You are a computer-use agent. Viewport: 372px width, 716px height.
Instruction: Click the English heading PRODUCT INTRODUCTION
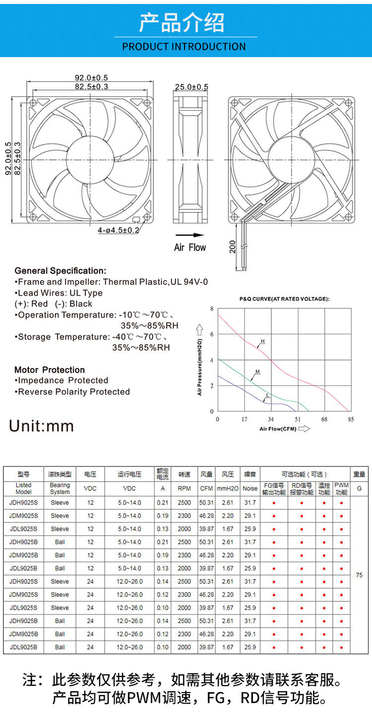point(184,47)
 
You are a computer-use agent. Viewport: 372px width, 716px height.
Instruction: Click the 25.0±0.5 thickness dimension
point(191,87)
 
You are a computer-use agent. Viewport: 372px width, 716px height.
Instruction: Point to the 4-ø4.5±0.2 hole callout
point(119,230)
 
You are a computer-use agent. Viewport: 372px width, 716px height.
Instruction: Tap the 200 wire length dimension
point(233,246)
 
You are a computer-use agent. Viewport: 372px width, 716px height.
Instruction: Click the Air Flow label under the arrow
point(190,247)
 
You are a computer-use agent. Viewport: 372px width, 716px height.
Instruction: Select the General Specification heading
point(61,271)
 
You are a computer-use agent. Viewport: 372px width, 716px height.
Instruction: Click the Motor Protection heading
point(50,370)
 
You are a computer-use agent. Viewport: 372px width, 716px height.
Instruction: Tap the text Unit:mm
point(42,426)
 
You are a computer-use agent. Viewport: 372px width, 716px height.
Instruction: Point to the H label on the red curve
point(263,341)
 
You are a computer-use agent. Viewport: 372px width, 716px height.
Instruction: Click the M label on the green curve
point(257,371)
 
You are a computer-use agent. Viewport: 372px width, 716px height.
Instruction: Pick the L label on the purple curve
point(267,395)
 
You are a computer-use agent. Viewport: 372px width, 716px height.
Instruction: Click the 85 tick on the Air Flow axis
point(351,420)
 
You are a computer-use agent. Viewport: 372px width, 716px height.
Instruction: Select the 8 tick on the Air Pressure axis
point(212,309)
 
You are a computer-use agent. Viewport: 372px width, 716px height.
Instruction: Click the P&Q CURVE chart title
point(284,299)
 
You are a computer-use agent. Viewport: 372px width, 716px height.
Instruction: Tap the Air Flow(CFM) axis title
point(278,429)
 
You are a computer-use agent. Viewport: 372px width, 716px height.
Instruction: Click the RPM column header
point(185,489)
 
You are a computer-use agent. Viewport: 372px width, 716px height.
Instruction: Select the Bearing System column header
point(60,489)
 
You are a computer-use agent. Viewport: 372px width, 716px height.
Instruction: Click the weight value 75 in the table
point(359,575)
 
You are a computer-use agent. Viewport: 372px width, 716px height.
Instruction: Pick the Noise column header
point(250,489)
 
